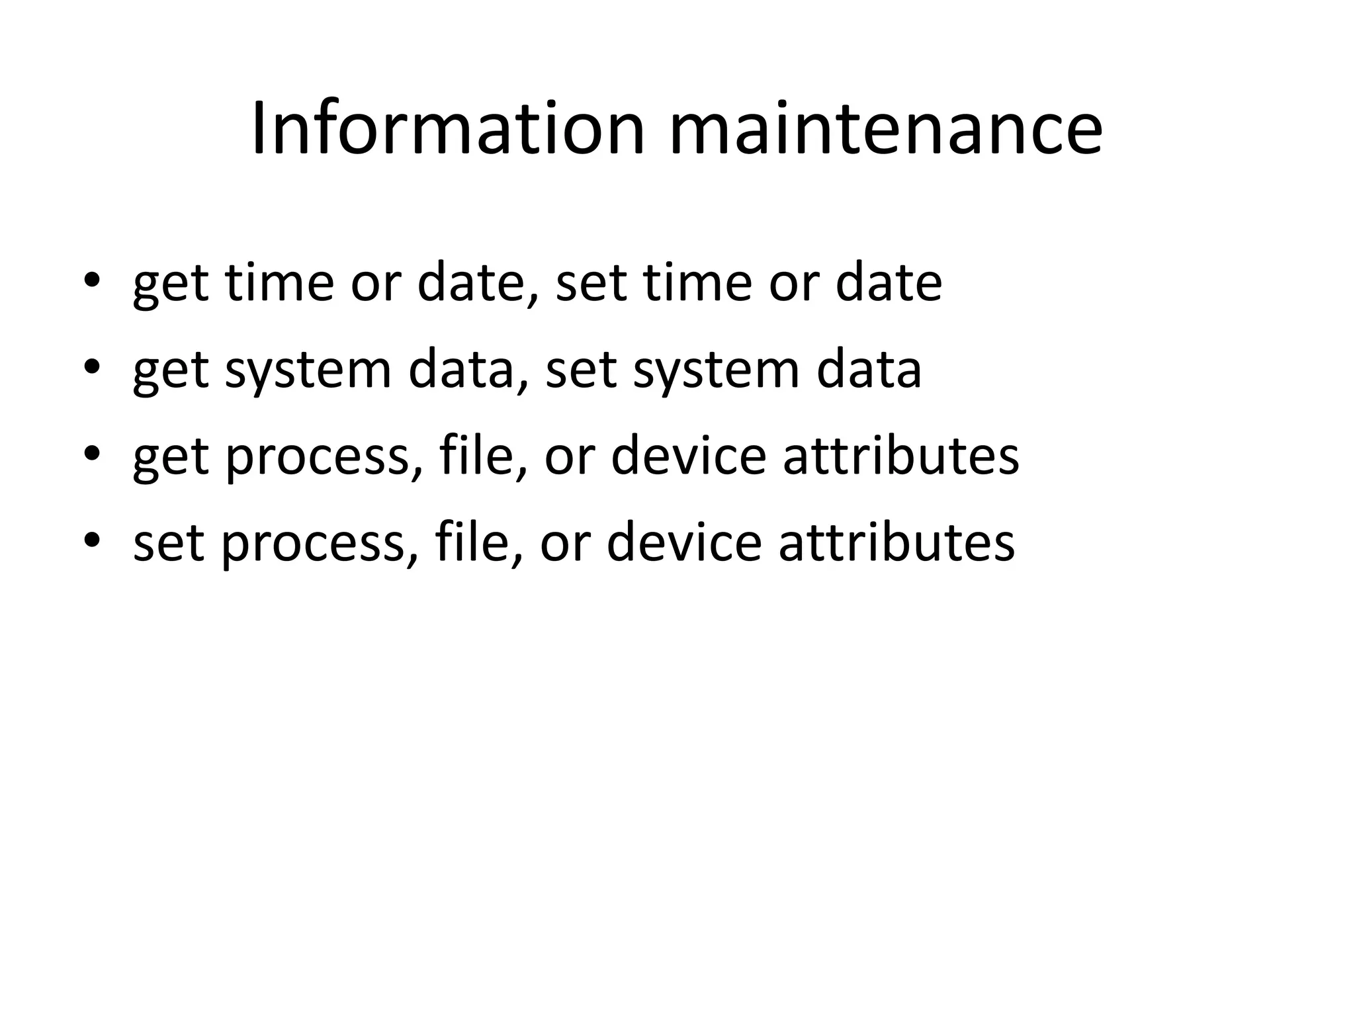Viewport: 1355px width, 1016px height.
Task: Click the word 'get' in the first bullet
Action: (x=171, y=284)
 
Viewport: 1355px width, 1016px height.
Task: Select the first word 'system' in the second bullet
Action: (x=308, y=372)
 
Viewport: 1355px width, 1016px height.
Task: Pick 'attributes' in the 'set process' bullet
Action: (x=896, y=543)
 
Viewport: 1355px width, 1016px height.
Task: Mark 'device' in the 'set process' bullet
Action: (x=684, y=543)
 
